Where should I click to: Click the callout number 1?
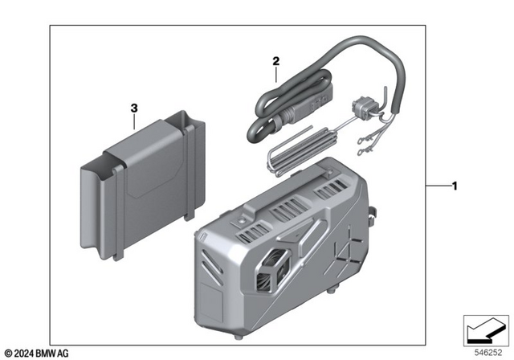pyautogui.click(x=455, y=188)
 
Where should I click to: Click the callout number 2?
pyautogui.click(x=275, y=61)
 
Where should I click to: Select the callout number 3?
pyautogui.click(x=134, y=107)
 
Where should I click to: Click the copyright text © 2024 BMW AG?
pyautogui.click(x=37, y=351)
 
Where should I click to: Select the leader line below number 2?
pyautogui.click(x=275, y=74)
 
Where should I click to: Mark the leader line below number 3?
pyautogui.click(x=134, y=121)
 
